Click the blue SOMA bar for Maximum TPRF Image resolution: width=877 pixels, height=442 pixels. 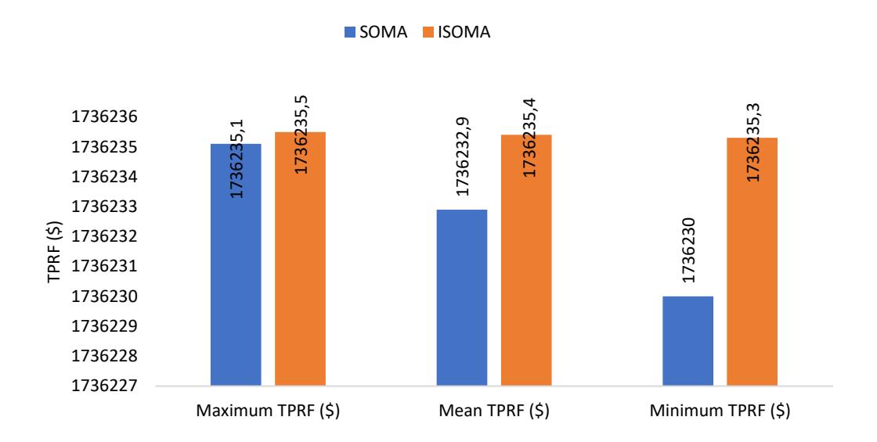coord(236,265)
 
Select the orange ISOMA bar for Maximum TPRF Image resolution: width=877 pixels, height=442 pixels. coord(301,259)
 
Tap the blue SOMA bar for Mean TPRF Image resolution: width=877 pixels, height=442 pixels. coord(461,298)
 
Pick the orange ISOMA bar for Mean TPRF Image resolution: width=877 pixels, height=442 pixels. coord(526,261)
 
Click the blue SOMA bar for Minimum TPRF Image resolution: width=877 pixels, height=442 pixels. coord(688,341)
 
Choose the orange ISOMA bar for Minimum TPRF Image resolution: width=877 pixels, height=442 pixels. coord(752,261)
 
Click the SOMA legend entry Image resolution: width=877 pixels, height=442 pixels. coord(376,32)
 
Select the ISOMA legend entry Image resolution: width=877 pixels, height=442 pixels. coord(457,32)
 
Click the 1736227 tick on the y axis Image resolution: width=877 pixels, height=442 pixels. coord(104,386)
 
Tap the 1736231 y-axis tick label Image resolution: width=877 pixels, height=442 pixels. coord(104,267)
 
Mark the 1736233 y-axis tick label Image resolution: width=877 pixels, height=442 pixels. coord(104,207)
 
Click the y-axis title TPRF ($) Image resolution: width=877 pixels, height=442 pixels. coord(54,251)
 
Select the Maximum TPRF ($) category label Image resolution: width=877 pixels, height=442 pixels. coord(268,411)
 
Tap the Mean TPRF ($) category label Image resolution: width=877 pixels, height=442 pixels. coord(494,411)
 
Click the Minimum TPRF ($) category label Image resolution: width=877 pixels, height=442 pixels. coord(720,411)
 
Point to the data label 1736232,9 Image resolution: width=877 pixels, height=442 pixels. coord(463,156)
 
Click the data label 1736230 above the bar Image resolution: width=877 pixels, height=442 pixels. coord(688,250)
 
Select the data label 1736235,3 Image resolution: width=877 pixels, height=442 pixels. coord(753,142)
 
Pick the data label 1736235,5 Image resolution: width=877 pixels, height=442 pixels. coord(301,135)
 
